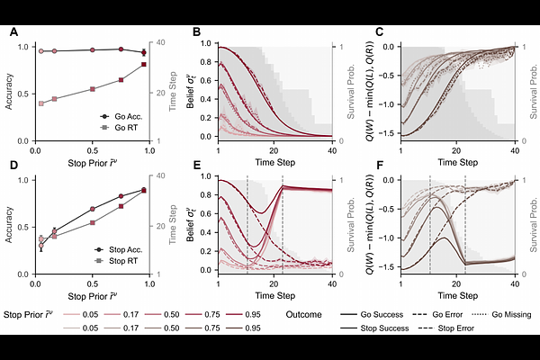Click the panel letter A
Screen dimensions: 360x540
point(13,32)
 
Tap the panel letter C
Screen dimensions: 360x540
point(380,32)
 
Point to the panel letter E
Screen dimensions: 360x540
point(197,166)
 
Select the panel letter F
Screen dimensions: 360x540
point(380,166)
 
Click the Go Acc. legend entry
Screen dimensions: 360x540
point(124,116)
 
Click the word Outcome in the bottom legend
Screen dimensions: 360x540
point(304,314)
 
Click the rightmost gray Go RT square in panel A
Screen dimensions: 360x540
point(144,64)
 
